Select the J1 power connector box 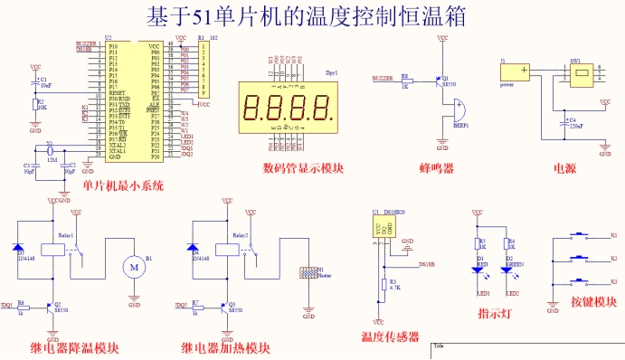coord(516,73)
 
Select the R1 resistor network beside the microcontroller coord(206,70)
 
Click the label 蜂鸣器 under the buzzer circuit coord(437,168)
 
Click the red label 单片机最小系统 coord(123,186)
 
